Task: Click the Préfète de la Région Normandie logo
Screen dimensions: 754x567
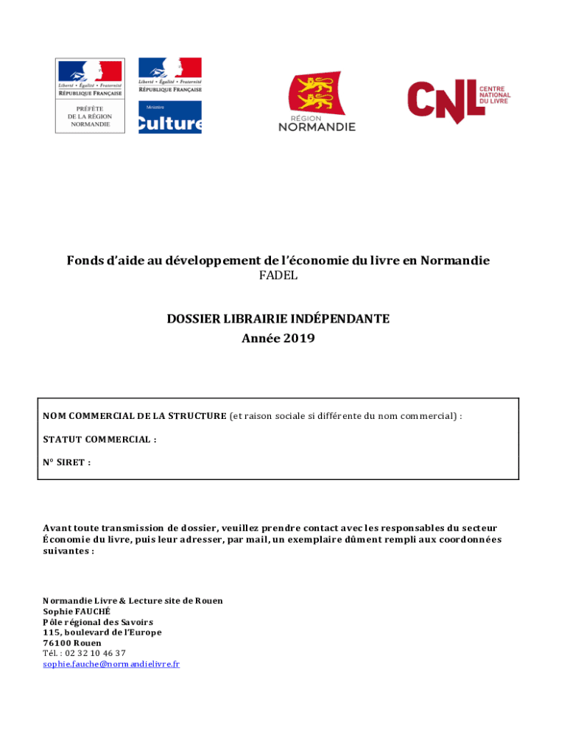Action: click(x=90, y=96)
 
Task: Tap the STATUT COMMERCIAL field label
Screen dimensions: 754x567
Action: click(x=99, y=440)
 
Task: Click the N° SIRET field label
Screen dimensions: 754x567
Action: click(x=66, y=462)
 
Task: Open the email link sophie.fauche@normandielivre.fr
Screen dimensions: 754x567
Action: click(x=111, y=664)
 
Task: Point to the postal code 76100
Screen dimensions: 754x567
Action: click(x=56, y=643)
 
